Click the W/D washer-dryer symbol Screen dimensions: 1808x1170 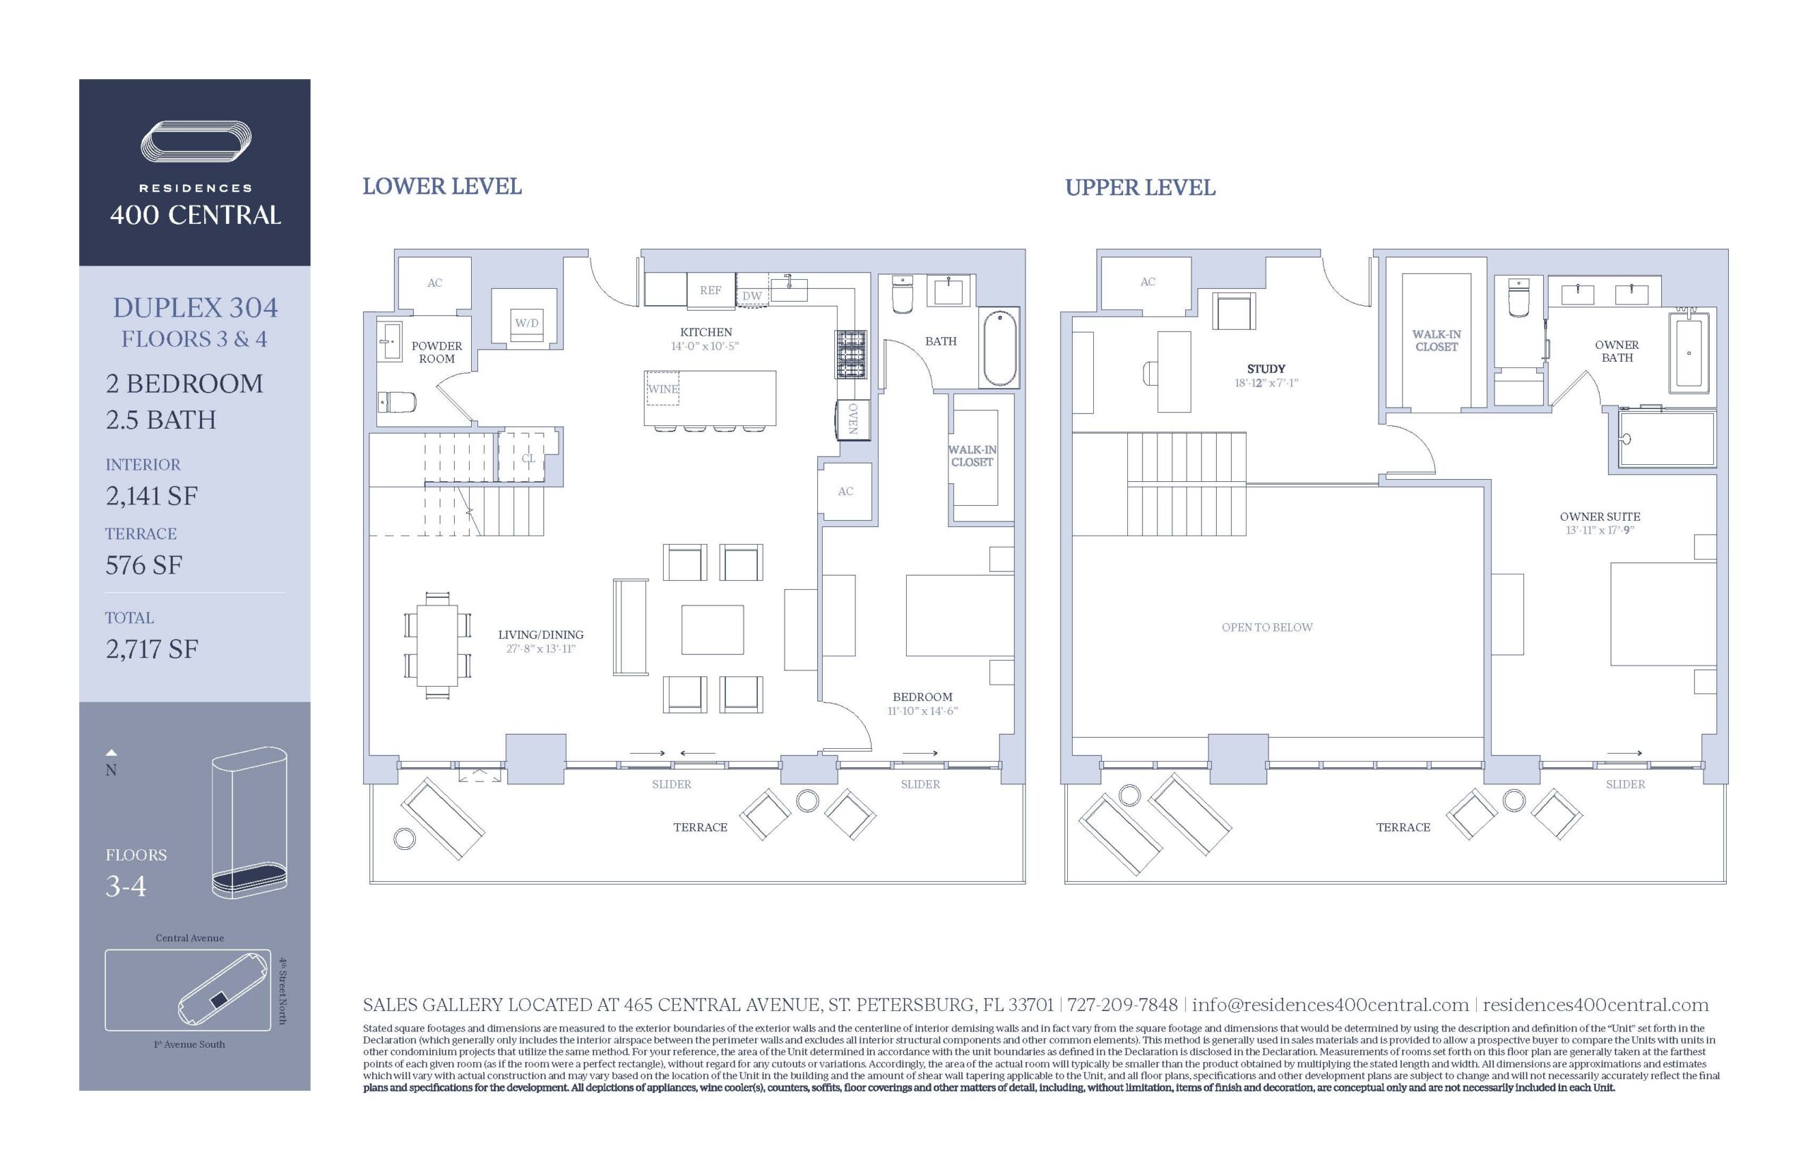click(x=527, y=316)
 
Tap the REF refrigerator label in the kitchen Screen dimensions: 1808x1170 click(x=710, y=290)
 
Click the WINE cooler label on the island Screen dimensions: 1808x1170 click(x=662, y=389)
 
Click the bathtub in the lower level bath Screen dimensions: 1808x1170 click(x=1000, y=348)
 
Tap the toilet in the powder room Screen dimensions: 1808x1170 click(x=397, y=401)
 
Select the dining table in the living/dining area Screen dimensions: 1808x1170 click(x=436, y=646)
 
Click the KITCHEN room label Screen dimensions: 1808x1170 click(x=706, y=332)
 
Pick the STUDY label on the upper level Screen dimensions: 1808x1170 click(x=1266, y=369)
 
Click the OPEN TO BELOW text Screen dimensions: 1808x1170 click(x=1266, y=627)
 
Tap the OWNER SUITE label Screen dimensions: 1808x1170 click(x=1600, y=516)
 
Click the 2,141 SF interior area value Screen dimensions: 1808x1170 click(x=152, y=496)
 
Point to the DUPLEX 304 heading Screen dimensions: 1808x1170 click(x=195, y=308)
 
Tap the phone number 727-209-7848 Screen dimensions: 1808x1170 click(x=1122, y=1005)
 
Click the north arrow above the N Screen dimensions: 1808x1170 click(x=111, y=753)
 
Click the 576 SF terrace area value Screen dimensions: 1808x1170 click(x=143, y=565)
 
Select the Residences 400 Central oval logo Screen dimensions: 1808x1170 click(x=196, y=141)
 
